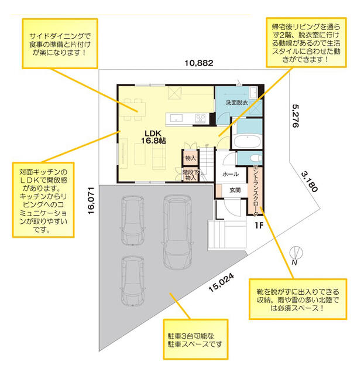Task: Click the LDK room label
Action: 153,137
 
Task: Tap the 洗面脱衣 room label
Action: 236,103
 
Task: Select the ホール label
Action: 231,174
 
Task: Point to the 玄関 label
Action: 235,190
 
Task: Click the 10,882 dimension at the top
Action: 199,63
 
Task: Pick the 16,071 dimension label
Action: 91,200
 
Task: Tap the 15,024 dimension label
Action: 221,282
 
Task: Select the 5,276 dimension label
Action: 296,116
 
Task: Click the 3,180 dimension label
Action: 310,182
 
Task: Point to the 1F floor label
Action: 259,225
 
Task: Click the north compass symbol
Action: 296,254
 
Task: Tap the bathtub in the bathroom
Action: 247,141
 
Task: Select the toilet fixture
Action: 256,158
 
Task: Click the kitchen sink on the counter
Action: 176,118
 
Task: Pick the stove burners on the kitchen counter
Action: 201,118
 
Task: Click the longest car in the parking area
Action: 177,232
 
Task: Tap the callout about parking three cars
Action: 195,339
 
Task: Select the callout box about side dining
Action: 60,43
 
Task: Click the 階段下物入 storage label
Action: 191,175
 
